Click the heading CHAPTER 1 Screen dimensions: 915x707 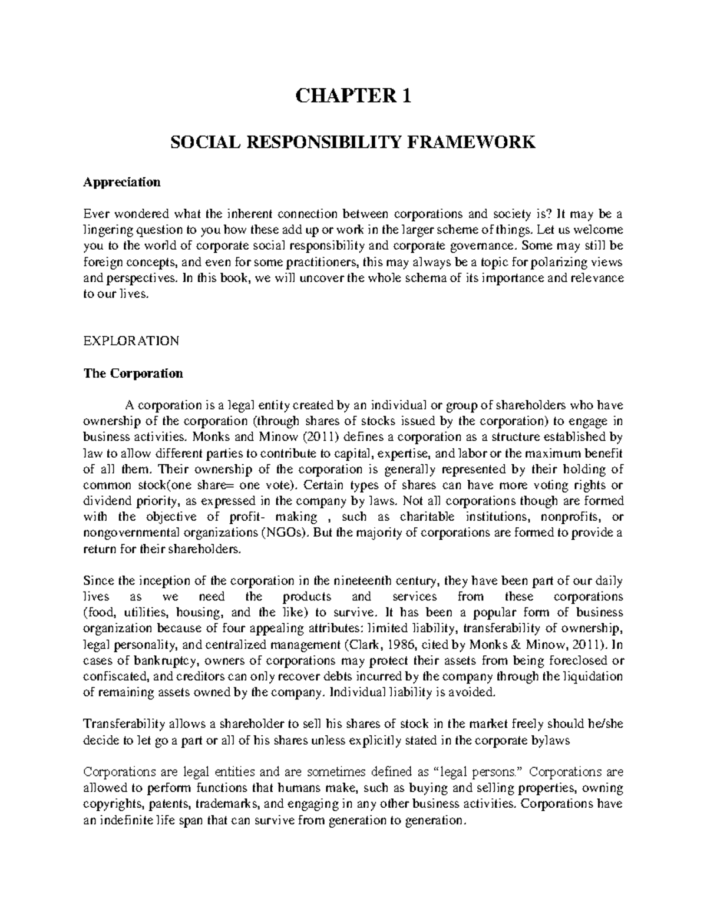[353, 95]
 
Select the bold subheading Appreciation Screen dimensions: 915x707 [121, 182]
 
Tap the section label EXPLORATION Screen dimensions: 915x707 [131, 341]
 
